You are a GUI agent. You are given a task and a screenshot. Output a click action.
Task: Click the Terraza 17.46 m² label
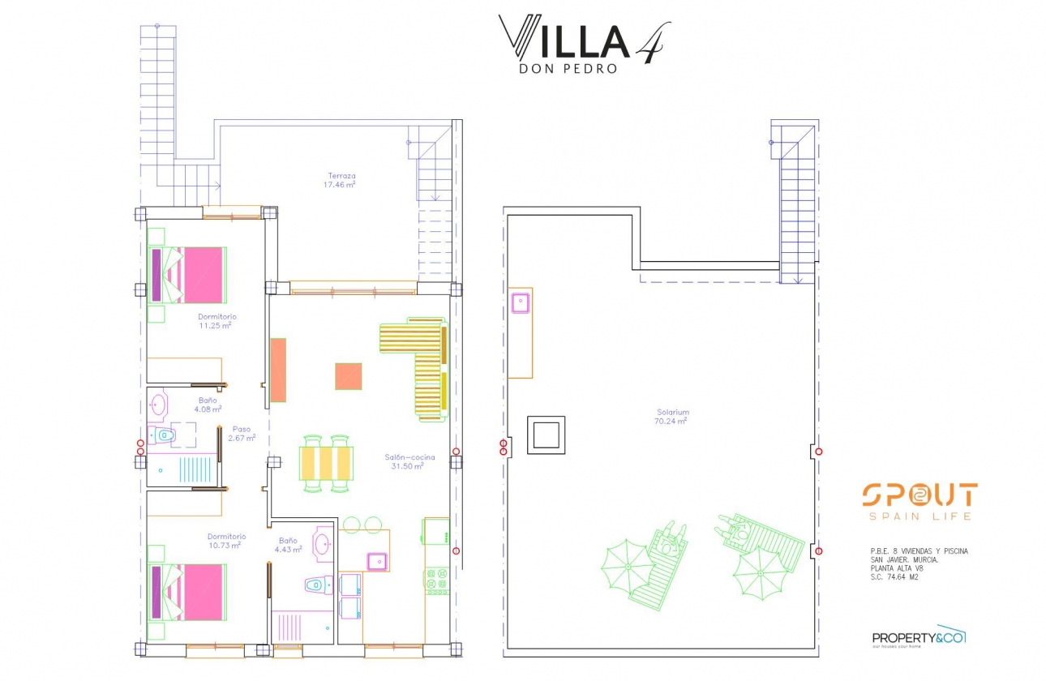pos(341,180)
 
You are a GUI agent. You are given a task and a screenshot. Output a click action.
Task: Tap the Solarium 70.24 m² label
pos(672,417)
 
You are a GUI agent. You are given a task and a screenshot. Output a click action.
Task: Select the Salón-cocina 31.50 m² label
pos(409,461)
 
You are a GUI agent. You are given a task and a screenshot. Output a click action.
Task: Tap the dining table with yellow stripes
pos(328,464)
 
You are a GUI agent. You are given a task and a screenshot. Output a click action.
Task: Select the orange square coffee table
pos(348,376)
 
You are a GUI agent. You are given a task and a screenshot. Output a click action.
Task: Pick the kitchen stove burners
pos(437,581)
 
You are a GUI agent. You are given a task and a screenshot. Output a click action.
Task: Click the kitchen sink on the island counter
pos(376,560)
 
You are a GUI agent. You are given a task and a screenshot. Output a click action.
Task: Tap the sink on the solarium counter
pos(520,303)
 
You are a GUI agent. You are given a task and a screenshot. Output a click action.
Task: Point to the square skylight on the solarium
pos(546,435)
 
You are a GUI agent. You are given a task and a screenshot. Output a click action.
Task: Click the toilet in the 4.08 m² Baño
pos(165,435)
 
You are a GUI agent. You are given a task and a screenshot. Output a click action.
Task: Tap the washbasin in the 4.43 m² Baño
pos(322,544)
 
